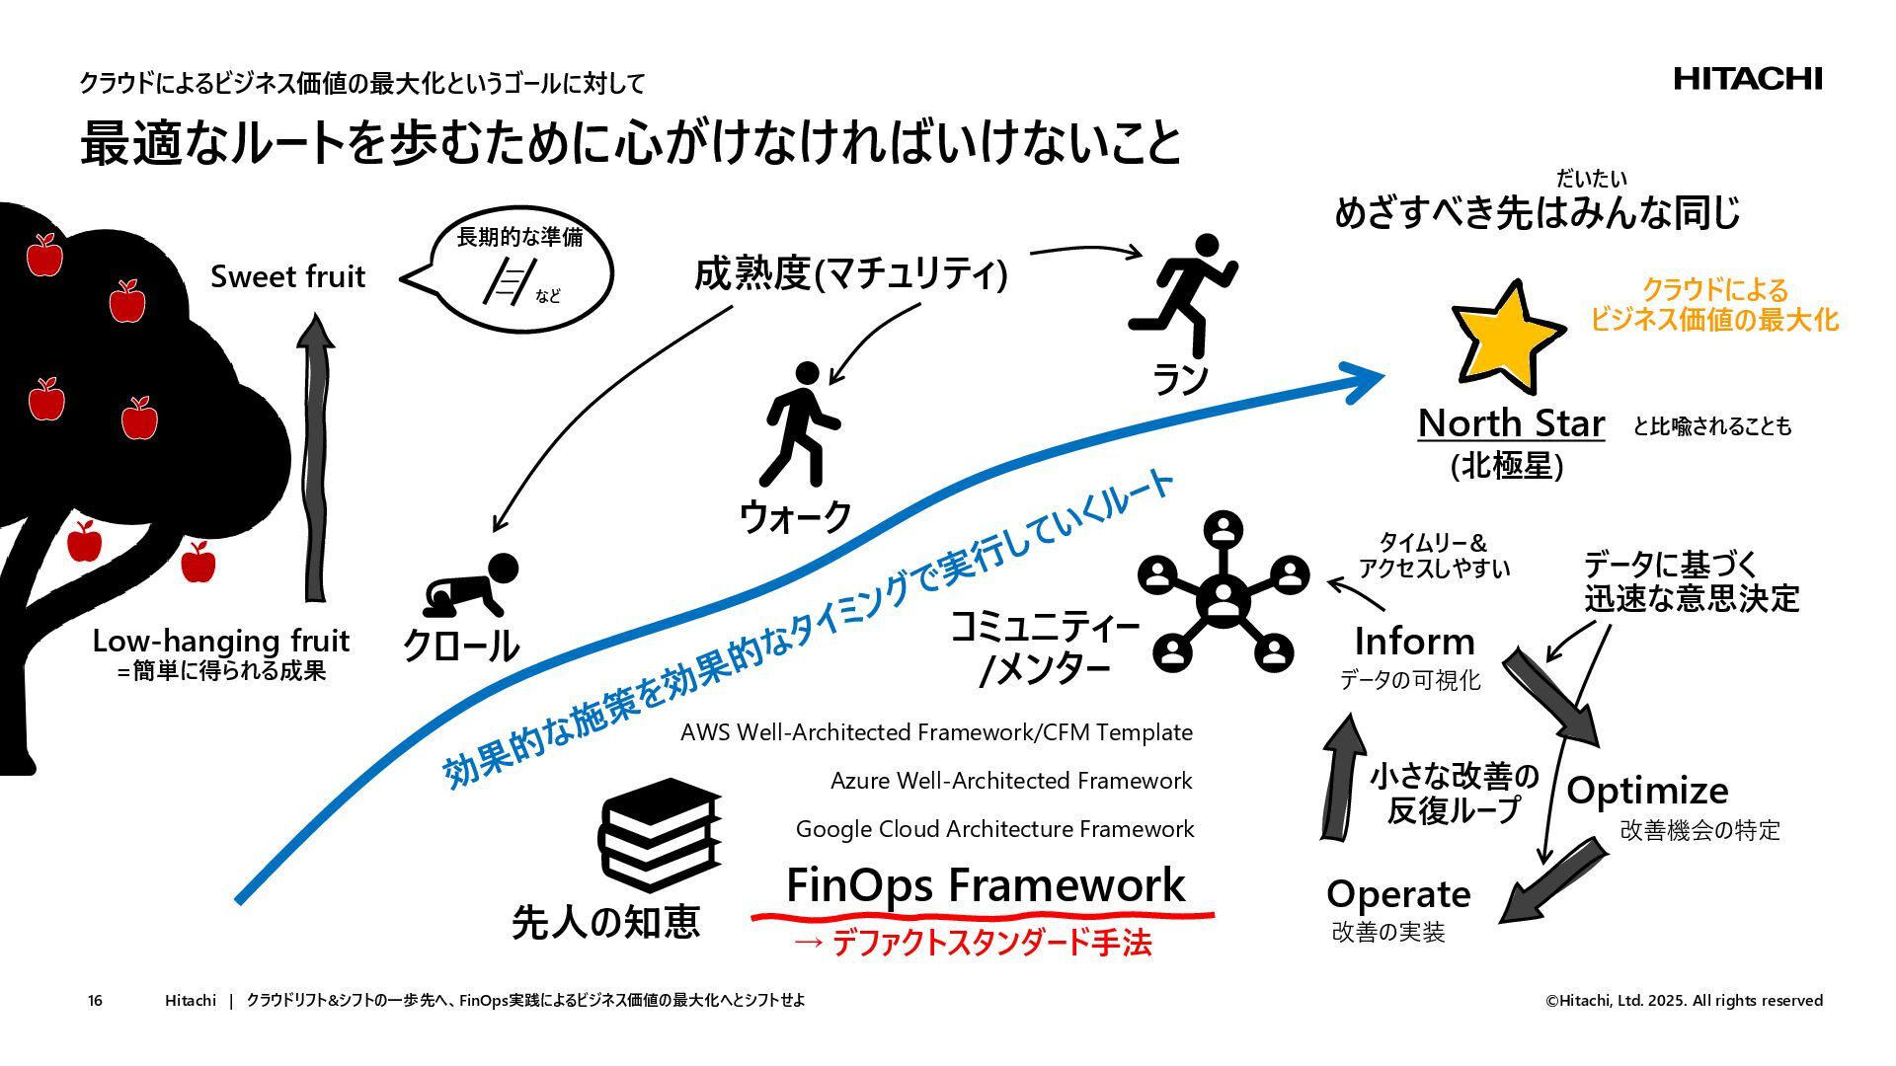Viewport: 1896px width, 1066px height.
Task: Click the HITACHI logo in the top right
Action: (x=1747, y=79)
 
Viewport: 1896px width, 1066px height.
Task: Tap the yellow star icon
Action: (x=1505, y=333)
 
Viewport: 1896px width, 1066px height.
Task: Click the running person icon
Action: (x=1184, y=293)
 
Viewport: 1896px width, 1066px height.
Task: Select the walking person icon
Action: (x=802, y=423)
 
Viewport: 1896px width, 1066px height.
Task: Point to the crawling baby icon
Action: (x=471, y=588)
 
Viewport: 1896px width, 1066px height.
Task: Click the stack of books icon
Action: (x=659, y=835)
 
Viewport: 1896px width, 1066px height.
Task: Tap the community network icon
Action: (x=1224, y=591)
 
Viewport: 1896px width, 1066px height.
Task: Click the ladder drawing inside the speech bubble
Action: (x=507, y=281)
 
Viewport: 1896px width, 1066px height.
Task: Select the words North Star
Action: (x=1511, y=423)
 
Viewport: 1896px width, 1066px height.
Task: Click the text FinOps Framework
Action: (x=985, y=885)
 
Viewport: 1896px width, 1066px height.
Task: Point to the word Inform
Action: (x=1414, y=642)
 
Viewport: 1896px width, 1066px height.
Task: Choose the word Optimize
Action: (x=1646, y=791)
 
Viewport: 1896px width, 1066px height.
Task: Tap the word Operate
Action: (x=1398, y=894)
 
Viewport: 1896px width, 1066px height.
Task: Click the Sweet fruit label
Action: (x=287, y=276)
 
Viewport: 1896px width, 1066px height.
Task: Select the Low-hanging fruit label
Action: (x=220, y=641)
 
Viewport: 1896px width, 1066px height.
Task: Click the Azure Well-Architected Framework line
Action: (x=1011, y=781)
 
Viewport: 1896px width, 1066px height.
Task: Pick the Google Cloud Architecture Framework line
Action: (x=994, y=829)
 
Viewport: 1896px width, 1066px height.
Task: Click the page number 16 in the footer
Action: (x=95, y=1001)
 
